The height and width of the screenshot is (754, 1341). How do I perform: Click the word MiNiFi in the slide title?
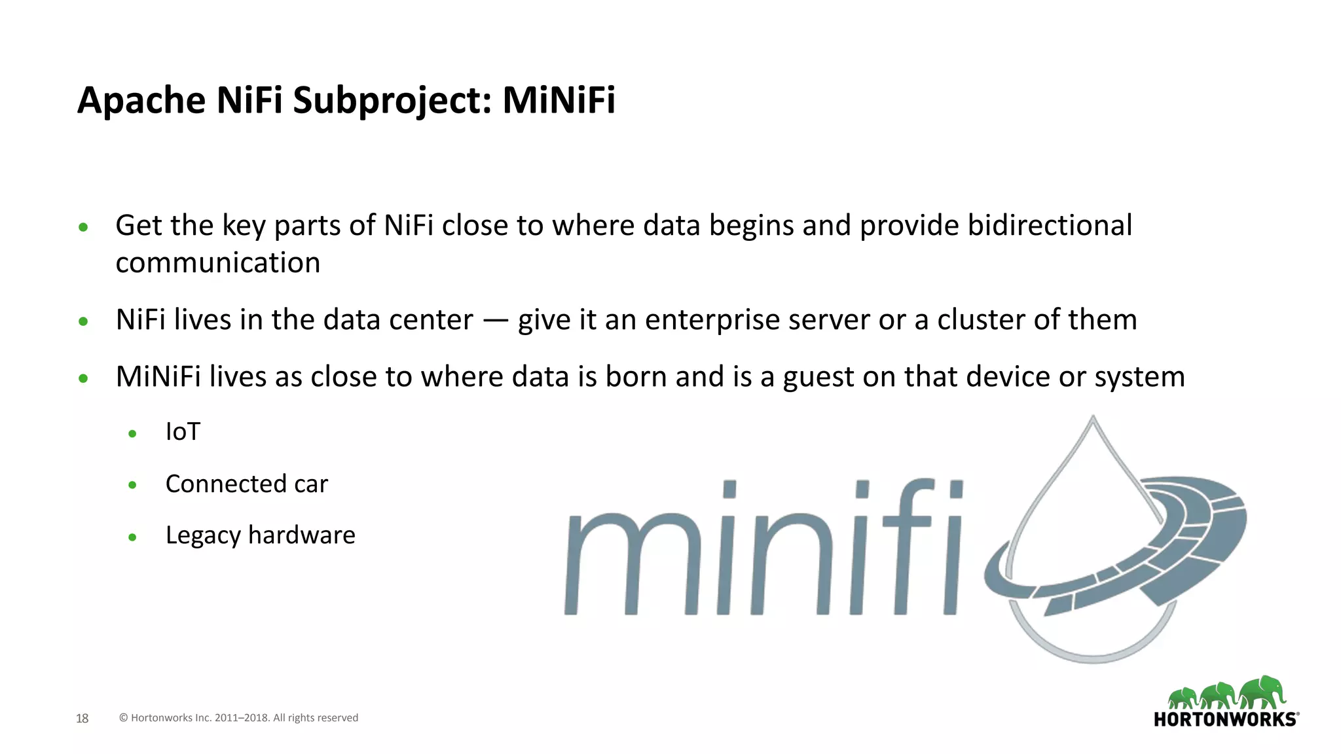coord(559,100)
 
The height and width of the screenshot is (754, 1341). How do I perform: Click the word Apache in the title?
coord(141,101)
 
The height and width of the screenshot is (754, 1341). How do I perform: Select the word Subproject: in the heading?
coord(392,101)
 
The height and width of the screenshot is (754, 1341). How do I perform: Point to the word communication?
coord(217,263)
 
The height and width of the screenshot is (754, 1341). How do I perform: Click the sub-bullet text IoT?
coord(183,432)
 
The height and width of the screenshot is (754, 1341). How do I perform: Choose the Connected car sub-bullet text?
coord(246,484)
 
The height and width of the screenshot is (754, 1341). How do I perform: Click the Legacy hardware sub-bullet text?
coord(260,535)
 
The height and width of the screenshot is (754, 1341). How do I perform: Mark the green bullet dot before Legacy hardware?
coord(132,537)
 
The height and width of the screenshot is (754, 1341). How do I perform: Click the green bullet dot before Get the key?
coord(83,228)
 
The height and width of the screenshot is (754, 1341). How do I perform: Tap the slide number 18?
coord(82,719)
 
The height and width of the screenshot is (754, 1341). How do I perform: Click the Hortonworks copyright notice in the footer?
coord(238,718)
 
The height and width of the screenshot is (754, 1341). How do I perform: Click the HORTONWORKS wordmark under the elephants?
coord(1225,719)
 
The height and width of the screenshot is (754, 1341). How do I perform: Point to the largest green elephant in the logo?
coord(1263,692)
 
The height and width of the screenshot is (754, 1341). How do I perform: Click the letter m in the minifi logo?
coord(632,563)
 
